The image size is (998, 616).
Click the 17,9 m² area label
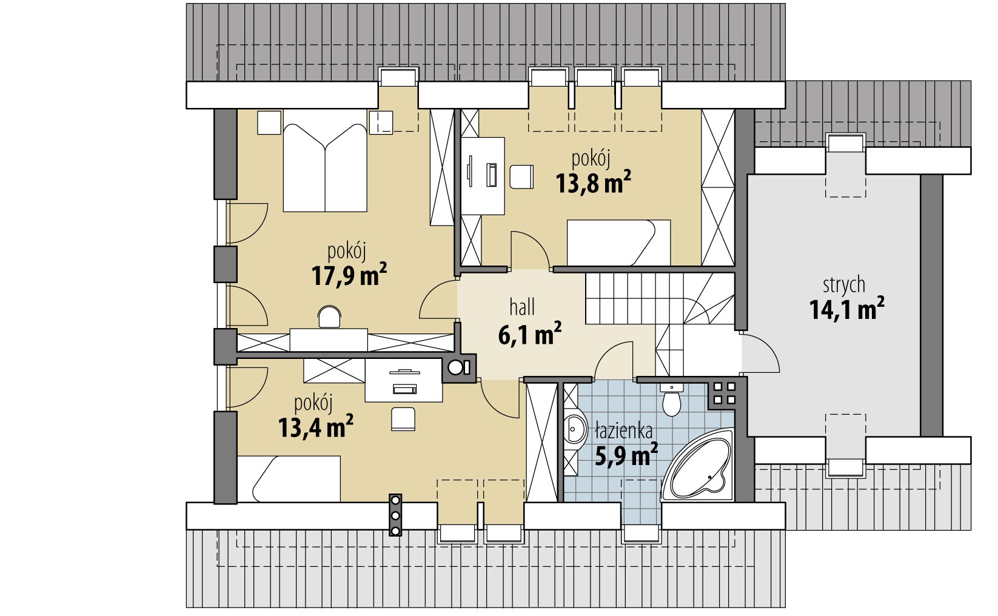pos(349,275)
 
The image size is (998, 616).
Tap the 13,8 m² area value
pos(593,182)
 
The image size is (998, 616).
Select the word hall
pos(522,307)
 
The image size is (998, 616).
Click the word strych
pos(844,285)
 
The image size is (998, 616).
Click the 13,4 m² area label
pos(315,427)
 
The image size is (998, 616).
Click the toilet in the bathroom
pos(671,398)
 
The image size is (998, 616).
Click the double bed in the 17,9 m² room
pos(325,161)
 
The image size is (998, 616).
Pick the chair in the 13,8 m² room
pos(521,177)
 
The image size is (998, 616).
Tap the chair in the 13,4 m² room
pos(403,419)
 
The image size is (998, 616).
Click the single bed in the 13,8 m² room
pos(618,243)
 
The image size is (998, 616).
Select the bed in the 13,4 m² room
pos(289,479)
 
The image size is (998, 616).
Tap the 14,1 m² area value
pos(846,309)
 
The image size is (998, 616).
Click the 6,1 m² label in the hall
pos(529,334)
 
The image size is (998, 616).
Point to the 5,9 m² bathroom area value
pos(626,454)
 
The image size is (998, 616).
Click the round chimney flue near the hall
pos(455,368)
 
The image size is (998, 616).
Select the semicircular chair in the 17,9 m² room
pos(329,316)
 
